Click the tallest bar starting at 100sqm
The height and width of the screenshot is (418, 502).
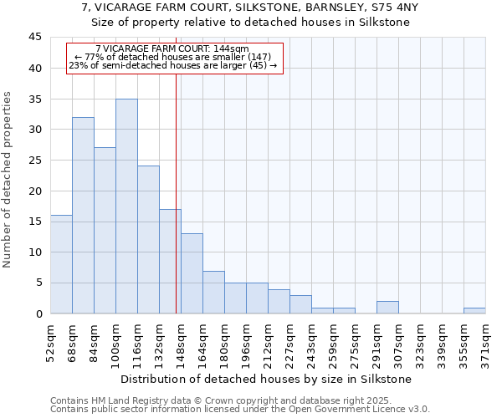point(126,206)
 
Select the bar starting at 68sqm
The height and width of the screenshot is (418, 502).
point(83,216)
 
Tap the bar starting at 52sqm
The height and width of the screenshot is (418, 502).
point(61,264)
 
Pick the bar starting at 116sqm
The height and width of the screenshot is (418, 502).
point(148,240)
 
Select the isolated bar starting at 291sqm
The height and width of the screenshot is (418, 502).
point(387,308)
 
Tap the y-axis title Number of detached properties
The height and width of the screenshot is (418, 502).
point(8,180)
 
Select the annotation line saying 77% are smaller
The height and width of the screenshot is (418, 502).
point(173,57)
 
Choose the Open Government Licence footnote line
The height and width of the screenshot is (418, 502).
point(240,410)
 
